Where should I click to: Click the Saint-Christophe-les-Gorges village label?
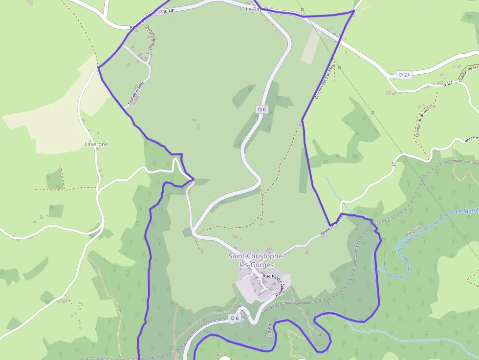(256, 260)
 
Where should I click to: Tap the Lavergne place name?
(96, 145)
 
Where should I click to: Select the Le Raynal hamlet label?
(258, 9)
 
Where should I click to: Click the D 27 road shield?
(404, 75)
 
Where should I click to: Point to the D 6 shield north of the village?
(261, 109)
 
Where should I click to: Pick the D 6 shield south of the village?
(235, 318)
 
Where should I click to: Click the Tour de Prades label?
(136, 93)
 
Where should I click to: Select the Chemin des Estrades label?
(325, 81)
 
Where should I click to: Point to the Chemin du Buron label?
(419, 125)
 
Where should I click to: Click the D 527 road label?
(449, 85)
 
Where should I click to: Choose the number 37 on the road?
(393, 165)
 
